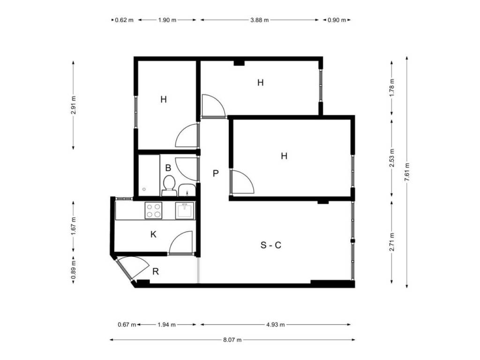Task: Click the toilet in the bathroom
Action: [169, 186]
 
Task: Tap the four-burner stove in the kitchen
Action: [153, 210]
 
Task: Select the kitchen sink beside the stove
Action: [185, 210]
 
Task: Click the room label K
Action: [153, 234]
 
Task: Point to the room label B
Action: [168, 168]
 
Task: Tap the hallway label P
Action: [216, 173]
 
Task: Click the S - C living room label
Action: [270, 245]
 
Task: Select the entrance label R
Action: [156, 271]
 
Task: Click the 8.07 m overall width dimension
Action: [232, 339]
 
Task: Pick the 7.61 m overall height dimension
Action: [407, 172]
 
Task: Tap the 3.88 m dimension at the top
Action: [259, 20]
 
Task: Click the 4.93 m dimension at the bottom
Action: [276, 324]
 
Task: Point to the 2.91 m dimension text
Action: [74, 105]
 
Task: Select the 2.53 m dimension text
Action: [392, 158]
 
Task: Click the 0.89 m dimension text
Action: [74, 270]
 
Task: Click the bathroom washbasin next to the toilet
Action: [187, 190]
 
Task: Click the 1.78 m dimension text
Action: [392, 88]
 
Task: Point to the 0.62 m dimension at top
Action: [124, 20]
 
